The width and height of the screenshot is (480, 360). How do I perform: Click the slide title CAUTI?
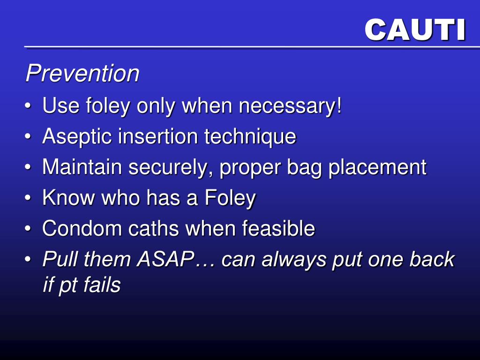click(415, 30)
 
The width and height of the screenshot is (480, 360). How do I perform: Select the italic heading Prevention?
click(82, 74)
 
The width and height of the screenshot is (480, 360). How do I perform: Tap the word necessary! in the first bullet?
click(290, 106)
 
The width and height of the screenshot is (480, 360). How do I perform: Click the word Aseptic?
click(77, 137)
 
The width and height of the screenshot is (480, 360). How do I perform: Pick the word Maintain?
click(82, 167)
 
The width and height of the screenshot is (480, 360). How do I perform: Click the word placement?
click(377, 167)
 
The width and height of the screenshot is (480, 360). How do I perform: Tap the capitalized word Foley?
click(230, 198)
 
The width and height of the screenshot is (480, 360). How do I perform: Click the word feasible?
click(278, 228)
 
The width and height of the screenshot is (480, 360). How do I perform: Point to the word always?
click(293, 259)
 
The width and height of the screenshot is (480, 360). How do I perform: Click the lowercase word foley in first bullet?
click(108, 106)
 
